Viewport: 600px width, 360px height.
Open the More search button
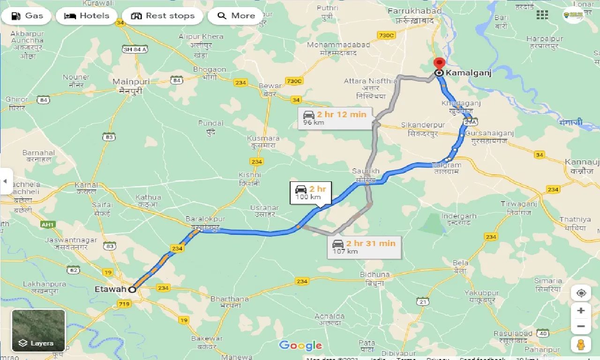(236, 16)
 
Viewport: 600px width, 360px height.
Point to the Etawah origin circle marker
(133, 289)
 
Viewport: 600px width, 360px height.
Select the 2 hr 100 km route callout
(310, 193)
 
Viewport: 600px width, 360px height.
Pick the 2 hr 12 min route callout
(335, 118)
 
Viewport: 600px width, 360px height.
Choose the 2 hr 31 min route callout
(364, 247)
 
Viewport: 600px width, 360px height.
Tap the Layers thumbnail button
(38, 330)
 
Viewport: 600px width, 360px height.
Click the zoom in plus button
(581, 310)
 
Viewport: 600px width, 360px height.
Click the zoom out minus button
(581, 326)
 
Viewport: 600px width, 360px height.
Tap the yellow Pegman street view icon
(581, 345)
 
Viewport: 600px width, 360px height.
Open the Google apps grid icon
(542, 15)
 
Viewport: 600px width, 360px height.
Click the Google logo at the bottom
(300, 346)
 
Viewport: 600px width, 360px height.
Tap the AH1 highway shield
(47, 225)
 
